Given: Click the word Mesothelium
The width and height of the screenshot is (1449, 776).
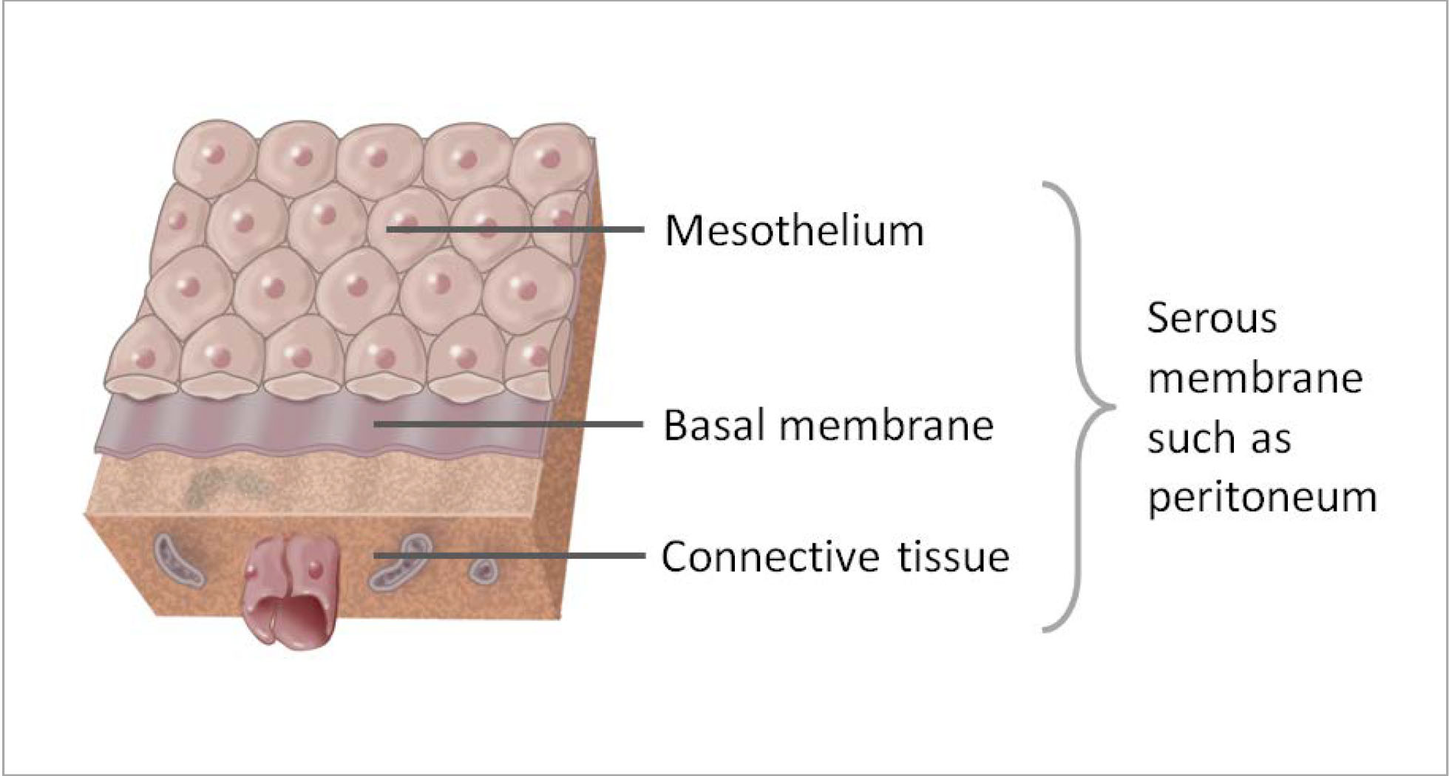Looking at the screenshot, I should [794, 231].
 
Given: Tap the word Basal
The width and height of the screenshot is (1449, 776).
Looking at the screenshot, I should [713, 426].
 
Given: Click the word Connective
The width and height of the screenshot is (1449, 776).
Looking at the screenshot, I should [770, 557].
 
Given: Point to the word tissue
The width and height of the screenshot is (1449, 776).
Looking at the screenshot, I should [954, 557].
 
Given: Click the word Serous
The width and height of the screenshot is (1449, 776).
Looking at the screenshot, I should [1212, 319].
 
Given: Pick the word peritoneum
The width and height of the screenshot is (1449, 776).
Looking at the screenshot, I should [1262, 497].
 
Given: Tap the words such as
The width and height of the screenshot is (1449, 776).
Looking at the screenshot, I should [1219, 438].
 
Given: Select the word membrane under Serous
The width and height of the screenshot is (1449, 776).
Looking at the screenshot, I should [1255, 378].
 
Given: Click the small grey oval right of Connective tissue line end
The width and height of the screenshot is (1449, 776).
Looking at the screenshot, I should [483, 571].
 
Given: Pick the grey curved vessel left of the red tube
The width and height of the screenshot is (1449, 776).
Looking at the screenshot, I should [178, 562].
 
